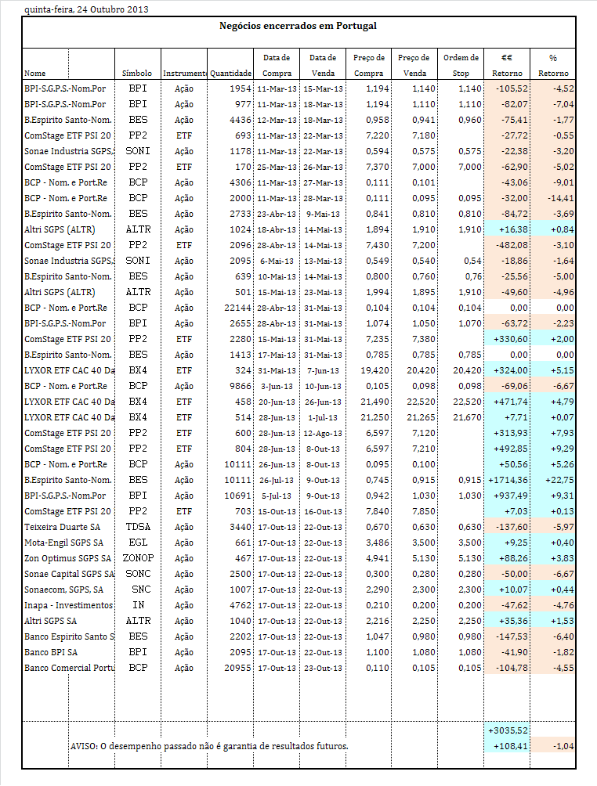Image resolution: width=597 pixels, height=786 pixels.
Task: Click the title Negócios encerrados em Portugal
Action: (298, 26)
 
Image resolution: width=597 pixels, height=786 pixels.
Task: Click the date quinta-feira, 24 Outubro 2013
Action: (75, 9)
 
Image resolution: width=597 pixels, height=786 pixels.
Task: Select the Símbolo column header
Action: (137, 73)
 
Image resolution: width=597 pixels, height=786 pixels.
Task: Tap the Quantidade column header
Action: (230, 73)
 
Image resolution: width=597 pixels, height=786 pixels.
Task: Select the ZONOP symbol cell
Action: (138, 557)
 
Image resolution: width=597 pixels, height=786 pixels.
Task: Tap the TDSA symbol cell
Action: (138, 526)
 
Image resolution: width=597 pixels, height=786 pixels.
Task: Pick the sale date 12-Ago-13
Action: (324, 432)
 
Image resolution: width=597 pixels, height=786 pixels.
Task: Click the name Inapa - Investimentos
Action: (69, 604)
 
